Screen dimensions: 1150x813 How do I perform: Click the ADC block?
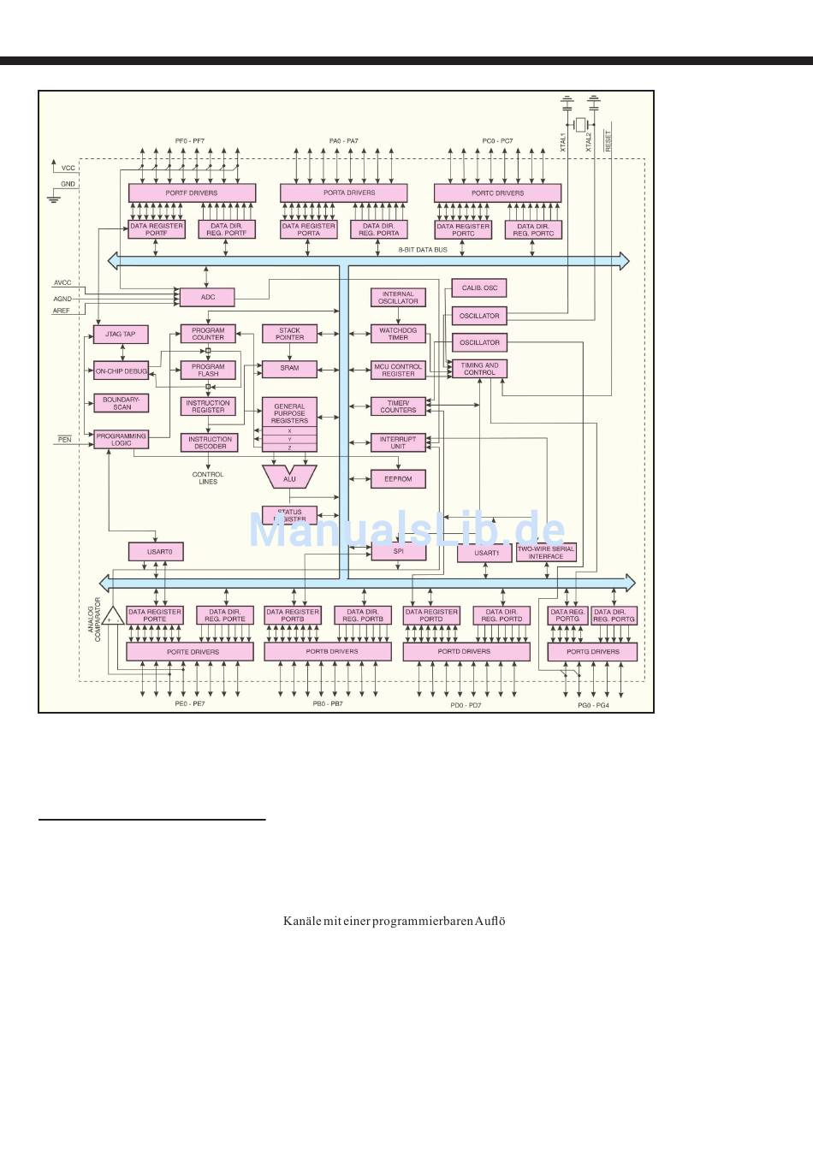[207, 297]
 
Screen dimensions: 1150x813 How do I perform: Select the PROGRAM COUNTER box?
[208, 334]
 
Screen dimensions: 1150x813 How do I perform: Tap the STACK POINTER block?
[289, 334]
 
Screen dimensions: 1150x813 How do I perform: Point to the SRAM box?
[289, 368]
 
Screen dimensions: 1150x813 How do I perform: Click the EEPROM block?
[398, 479]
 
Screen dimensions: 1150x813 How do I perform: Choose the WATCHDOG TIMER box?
[398, 334]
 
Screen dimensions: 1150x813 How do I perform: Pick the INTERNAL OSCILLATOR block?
[398, 298]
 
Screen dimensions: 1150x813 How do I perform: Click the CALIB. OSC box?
[479, 288]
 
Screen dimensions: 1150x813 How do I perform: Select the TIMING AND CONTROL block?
[479, 369]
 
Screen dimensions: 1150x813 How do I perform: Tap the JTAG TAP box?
[121, 334]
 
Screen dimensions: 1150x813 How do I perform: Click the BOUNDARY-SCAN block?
[121, 403]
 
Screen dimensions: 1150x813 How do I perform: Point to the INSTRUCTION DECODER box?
[210, 442]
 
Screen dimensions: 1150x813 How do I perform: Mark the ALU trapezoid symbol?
[289, 477]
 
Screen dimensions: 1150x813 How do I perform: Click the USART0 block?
[156, 552]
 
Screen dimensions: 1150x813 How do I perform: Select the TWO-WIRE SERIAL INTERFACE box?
[546, 553]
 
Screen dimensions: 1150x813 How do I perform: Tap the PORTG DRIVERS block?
[592, 652]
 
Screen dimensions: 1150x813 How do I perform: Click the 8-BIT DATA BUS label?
[423, 250]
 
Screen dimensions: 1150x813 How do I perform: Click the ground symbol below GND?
[54, 199]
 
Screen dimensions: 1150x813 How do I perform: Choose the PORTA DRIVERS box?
[343, 193]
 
